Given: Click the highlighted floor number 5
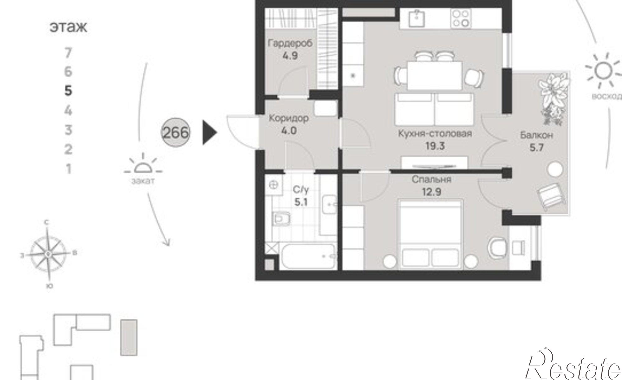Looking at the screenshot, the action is (68, 91).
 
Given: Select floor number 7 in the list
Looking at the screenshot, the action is (68, 53).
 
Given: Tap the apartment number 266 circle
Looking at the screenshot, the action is (175, 133).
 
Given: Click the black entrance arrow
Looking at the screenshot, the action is (210, 133).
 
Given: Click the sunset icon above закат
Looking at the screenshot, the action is (143, 164).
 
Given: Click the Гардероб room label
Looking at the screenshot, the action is (290, 43).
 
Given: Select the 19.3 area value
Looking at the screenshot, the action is (435, 146).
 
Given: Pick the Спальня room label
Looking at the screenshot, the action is (431, 179).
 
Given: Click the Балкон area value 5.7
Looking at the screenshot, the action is (537, 147).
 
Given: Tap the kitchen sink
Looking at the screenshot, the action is (417, 18).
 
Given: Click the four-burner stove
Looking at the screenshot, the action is (461, 18).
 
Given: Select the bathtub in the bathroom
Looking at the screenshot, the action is (308, 256).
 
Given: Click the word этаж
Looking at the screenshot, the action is (68, 27).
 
